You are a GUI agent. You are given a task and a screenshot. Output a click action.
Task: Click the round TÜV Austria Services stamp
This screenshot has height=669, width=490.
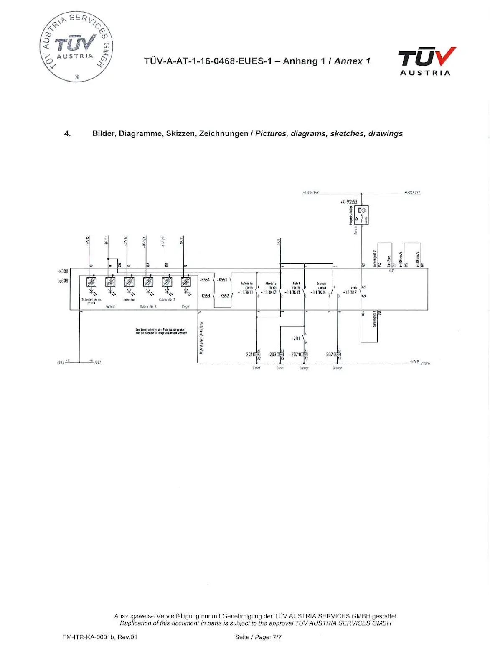76,46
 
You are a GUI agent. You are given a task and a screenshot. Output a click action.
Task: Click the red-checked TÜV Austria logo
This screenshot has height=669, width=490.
427,61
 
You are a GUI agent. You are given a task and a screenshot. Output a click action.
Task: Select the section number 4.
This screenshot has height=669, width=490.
67,134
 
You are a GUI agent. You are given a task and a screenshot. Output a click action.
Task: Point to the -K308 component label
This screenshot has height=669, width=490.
63,271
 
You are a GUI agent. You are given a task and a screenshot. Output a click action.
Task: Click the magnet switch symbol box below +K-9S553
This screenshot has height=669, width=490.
361,215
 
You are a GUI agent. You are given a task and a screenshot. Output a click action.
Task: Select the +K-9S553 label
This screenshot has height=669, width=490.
349,202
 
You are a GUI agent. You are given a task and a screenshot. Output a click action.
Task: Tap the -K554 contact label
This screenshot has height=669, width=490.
205,280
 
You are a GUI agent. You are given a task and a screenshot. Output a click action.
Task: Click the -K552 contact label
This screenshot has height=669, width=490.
224,296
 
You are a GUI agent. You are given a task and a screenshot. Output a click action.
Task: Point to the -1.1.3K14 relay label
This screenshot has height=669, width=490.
318,292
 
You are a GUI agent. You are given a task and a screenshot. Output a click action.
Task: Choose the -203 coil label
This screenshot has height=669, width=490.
272,355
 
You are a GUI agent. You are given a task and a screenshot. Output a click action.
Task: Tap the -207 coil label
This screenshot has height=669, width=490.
329,355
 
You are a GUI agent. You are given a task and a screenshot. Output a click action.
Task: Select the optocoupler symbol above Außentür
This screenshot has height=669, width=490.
129,282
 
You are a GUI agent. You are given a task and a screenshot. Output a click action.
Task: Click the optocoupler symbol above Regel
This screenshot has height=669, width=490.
185,282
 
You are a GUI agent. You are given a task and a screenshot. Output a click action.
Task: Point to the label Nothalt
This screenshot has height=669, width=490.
110,306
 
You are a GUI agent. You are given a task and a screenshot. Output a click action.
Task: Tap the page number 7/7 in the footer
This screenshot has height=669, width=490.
277,637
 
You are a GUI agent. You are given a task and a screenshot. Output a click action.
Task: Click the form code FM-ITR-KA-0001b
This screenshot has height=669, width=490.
88,637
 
